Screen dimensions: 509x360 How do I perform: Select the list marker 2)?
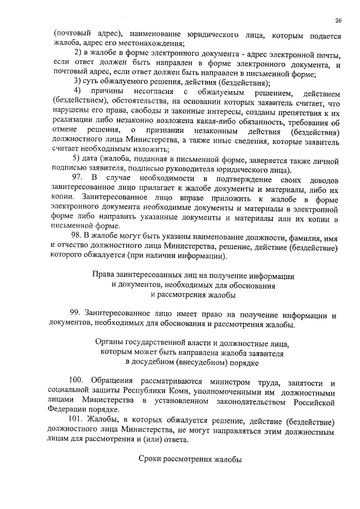click(x=78, y=53)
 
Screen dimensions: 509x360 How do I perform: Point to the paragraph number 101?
click(x=79, y=421)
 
